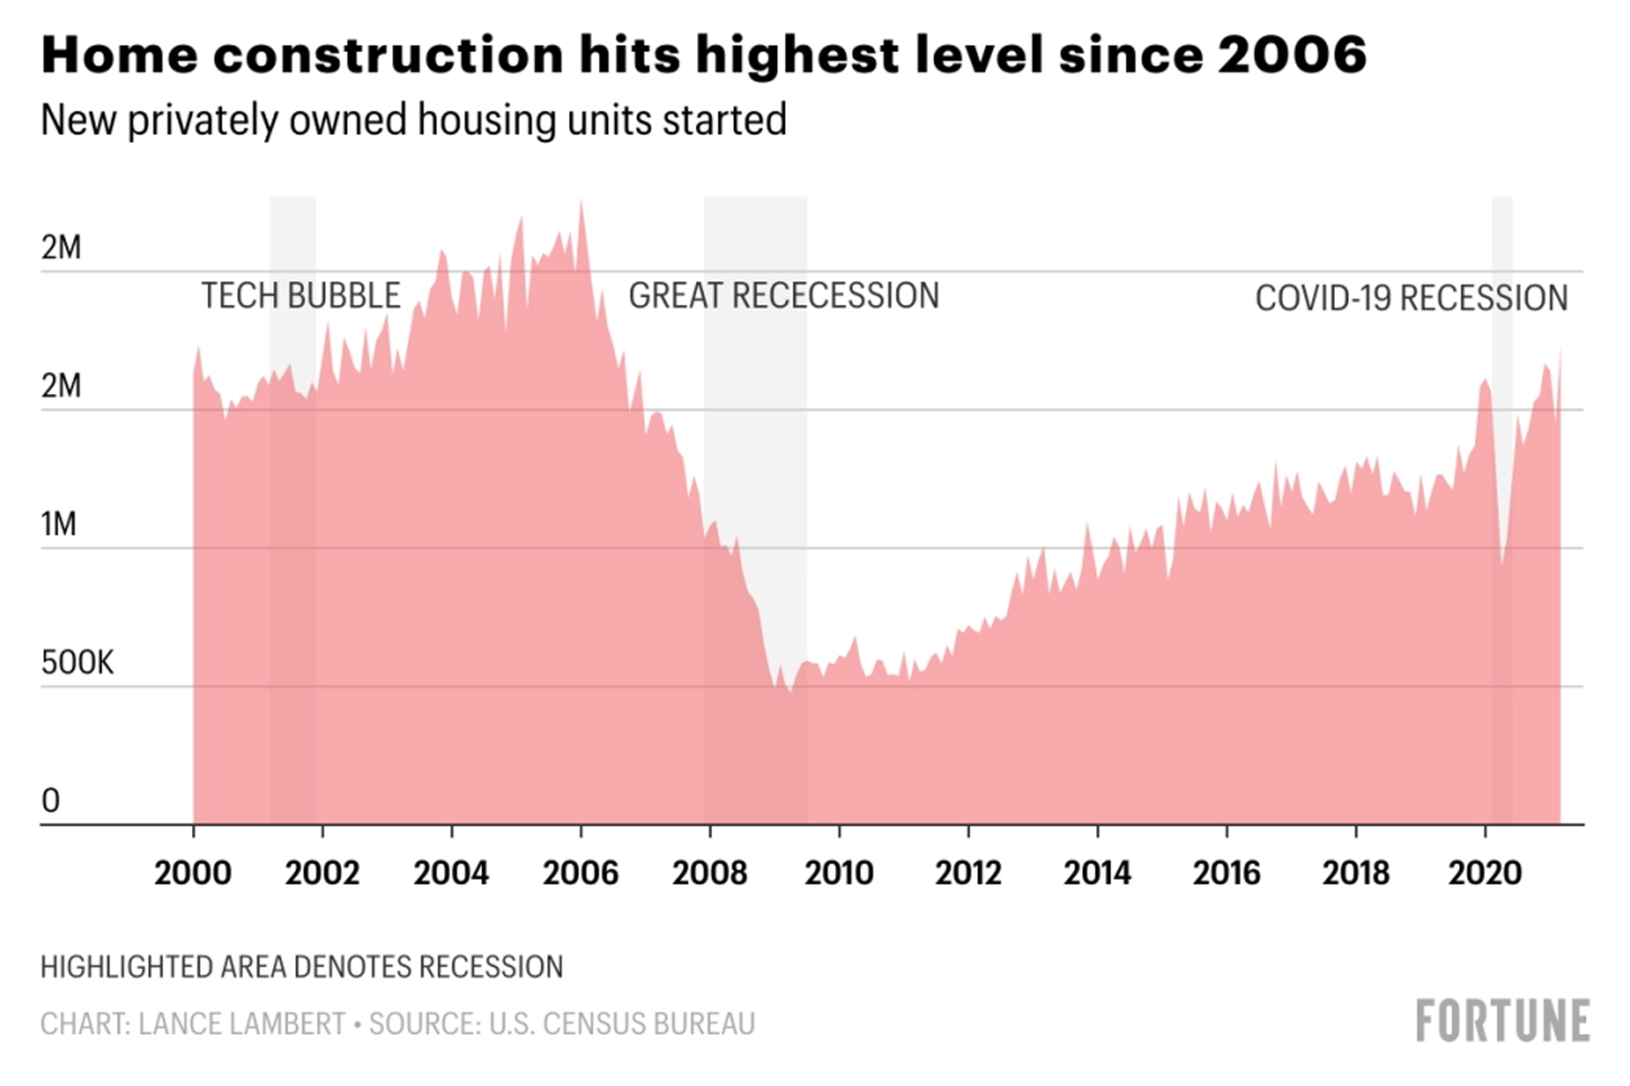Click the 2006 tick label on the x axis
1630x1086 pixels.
pyautogui.click(x=580, y=873)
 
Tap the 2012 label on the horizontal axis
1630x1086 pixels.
pyautogui.click(x=968, y=873)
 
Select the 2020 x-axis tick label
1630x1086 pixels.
pyautogui.click(x=1485, y=873)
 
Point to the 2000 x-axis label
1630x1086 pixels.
pyautogui.click(x=192, y=873)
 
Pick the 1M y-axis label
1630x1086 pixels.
pyautogui.click(x=59, y=524)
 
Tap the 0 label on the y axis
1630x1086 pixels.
pyautogui.click(x=50, y=801)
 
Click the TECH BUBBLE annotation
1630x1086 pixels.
pyautogui.click(x=301, y=296)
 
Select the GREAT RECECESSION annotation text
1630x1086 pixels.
pyautogui.click(x=783, y=296)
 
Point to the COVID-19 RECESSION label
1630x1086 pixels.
pyautogui.click(x=1412, y=298)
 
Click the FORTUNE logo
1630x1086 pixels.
pyautogui.click(x=1503, y=1021)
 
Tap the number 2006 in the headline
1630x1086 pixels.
pyautogui.click(x=1292, y=55)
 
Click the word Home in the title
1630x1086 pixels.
pyautogui.click(x=119, y=55)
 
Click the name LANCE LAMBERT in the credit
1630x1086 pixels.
pyautogui.click(x=242, y=1024)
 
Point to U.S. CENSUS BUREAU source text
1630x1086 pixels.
pyautogui.click(x=621, y=1024)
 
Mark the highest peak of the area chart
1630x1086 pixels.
pyautogui.click(x=581, y=202)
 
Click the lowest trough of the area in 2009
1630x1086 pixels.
pyautogui.click(x=790, y=691)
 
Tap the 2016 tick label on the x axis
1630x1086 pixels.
pyautogui.click(x=1226, y=873)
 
